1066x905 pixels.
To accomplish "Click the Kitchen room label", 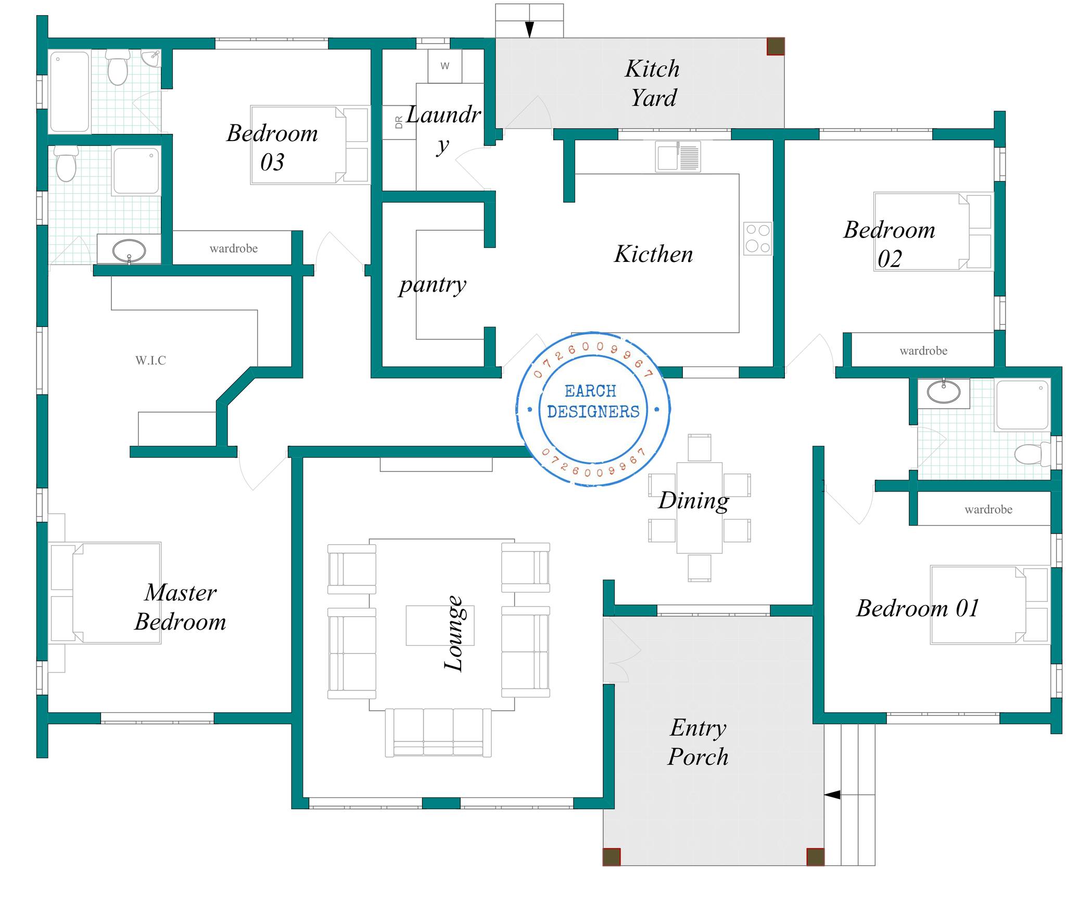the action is point(653,254).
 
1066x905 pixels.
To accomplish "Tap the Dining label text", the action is point(693,501).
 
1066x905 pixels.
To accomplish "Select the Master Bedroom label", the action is point(181,607).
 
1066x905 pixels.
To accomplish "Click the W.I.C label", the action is point(150,360).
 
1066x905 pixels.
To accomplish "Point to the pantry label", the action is point(433,285).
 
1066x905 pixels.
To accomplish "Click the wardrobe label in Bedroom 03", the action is point(234,248).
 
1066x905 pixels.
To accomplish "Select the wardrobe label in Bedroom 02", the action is point(923,350).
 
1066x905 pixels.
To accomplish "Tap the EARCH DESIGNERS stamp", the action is point(593,409).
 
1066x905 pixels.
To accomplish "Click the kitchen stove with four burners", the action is point(758,238).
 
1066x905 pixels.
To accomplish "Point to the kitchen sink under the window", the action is point(678,156).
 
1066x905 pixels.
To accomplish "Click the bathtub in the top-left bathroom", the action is point(69,91).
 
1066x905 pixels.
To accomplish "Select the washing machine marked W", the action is point(445,66).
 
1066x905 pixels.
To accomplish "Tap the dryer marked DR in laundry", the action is point(399,122).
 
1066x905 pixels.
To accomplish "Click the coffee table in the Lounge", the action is point(440,625).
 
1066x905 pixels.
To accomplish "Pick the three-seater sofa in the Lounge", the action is point(438,733).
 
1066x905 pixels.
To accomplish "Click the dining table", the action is point(699,508).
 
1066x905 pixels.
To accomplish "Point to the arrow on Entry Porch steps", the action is point(832,795).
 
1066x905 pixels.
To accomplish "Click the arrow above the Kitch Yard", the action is point(529,30).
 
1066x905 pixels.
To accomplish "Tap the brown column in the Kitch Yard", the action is point(776,46).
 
